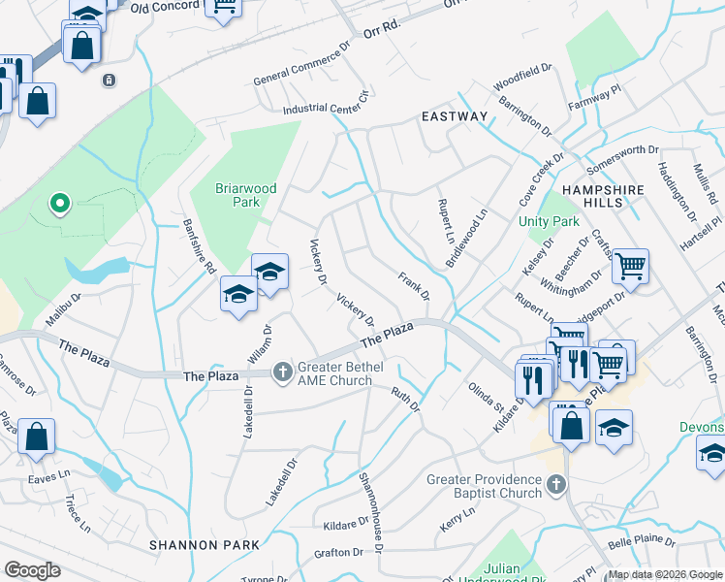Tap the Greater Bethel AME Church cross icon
pos(282,372)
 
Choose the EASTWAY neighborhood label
pos(455,116)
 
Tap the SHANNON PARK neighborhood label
pos(205,545)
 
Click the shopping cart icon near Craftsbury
pos(631,267)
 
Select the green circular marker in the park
pos(59,204)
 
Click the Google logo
pos(32,570)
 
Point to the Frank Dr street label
pos(413,285)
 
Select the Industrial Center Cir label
pos(327,104)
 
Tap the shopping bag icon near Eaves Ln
pos(36,438)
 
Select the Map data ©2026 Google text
pos(665,574)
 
